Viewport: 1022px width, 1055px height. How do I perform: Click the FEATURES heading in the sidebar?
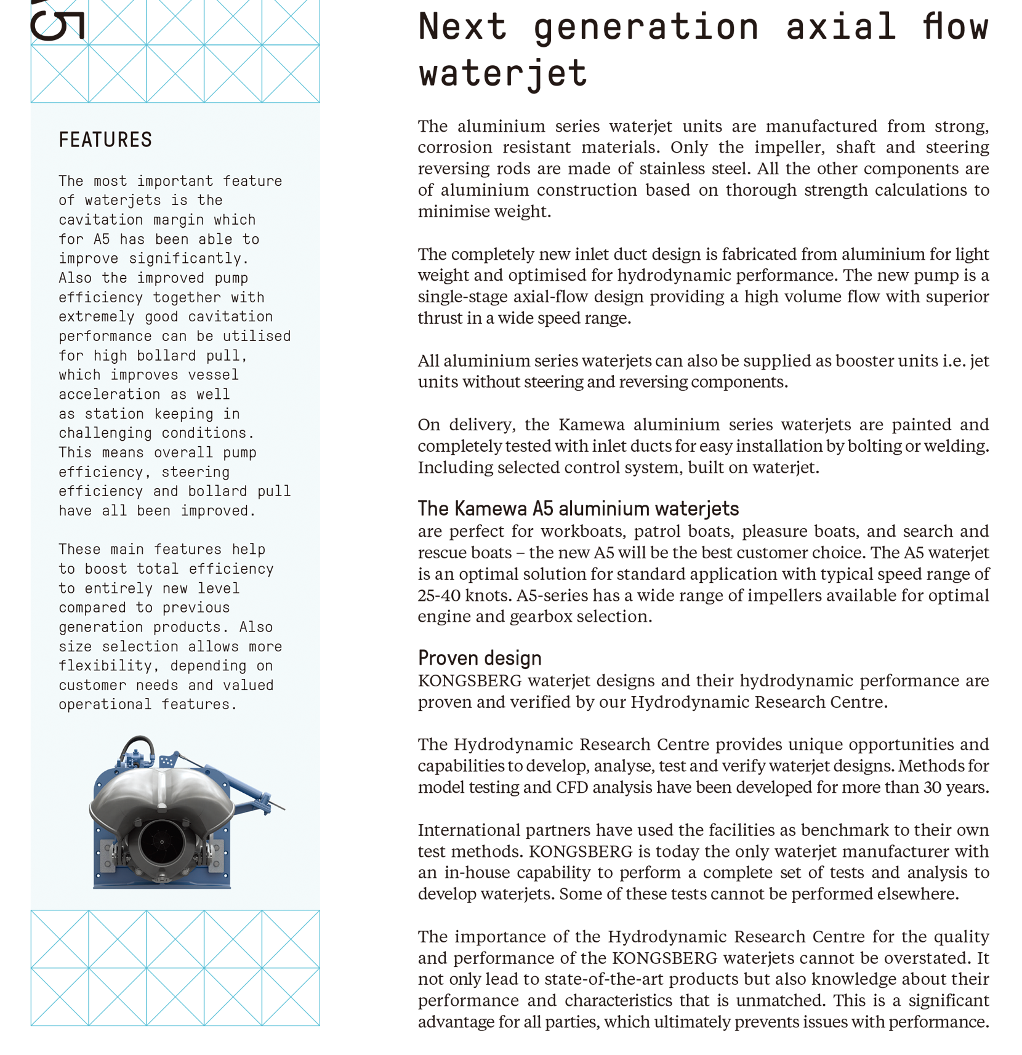105,140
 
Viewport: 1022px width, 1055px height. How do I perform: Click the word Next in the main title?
462,27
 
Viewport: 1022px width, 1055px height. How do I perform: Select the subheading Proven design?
480,658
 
